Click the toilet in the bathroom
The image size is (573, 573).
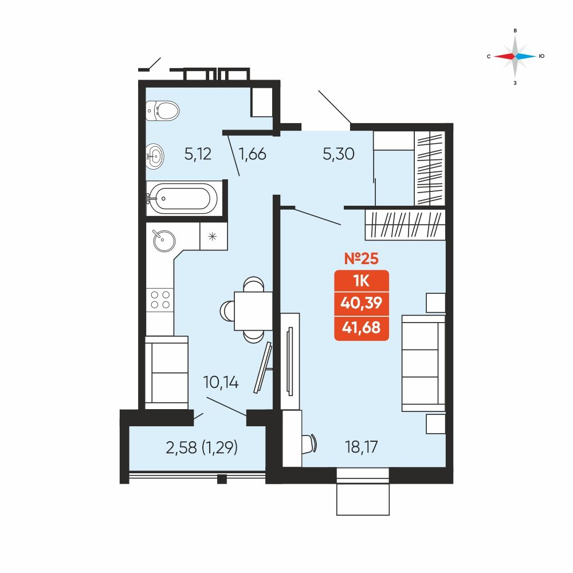pyautogui.click(x=163, y=110)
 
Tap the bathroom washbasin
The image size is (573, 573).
pyautogui.click(x=155, y=156)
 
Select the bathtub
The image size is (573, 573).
pyautogui.click(x=182, y=198)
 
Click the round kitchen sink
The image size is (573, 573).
pyautogui.click(x=164, y=241)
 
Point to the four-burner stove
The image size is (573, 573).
pyautogui.click(x=160, y=300)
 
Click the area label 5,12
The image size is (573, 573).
pyautogui.click(x=198, y=154)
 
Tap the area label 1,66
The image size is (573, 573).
pyautogui.click(x=252, y=154)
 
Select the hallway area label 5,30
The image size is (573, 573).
pyautogui.click(x=339, y=154)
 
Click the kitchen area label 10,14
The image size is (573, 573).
pyautogui.click(x=221, y=382)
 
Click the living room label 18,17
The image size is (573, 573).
pyautogui.click(x=361, y=447)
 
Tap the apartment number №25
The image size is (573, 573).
pyautogui.click(x=362, y=258)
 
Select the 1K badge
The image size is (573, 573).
pyautogui.click(x=362, y=281)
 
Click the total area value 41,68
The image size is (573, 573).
pyautogui.click(x=362, y=327)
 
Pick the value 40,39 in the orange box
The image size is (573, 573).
pyautogui.click(x=362, y=303)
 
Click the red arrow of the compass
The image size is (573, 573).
pyautogui.click(x=504, y=56)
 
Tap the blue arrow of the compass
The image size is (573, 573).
pyautogui.click(x=526, y=56)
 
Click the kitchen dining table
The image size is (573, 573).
pyautogui.click(x=253, y=311)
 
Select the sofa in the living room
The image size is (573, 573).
pyautogui.click(x=423, y=363)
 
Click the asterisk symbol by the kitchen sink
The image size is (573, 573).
pyautogui.click(x=213, y=237)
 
